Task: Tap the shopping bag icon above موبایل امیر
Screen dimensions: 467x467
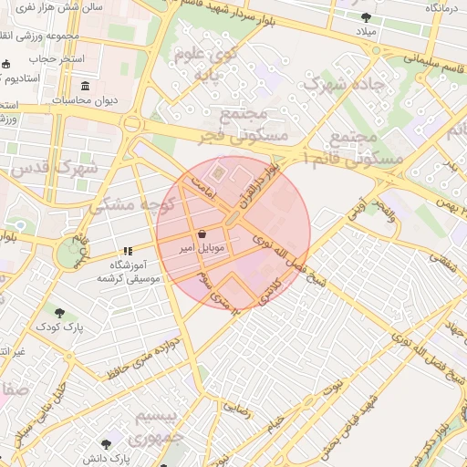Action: click(201, 234)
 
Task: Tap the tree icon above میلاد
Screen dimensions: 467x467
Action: click(366, 16)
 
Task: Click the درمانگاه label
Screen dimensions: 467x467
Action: click(440, 7)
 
